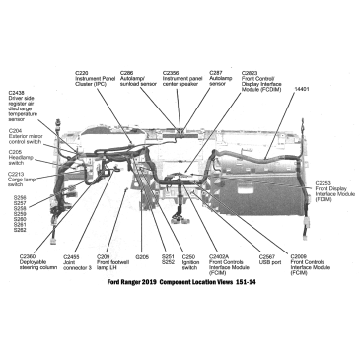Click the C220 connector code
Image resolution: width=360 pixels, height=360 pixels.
coord(83,73)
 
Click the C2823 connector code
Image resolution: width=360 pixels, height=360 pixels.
coord(249,73)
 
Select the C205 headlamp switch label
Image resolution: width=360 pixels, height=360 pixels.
coord(19,160)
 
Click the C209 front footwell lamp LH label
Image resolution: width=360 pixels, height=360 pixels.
coord(112,261)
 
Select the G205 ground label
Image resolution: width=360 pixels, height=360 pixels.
coord(141,256)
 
